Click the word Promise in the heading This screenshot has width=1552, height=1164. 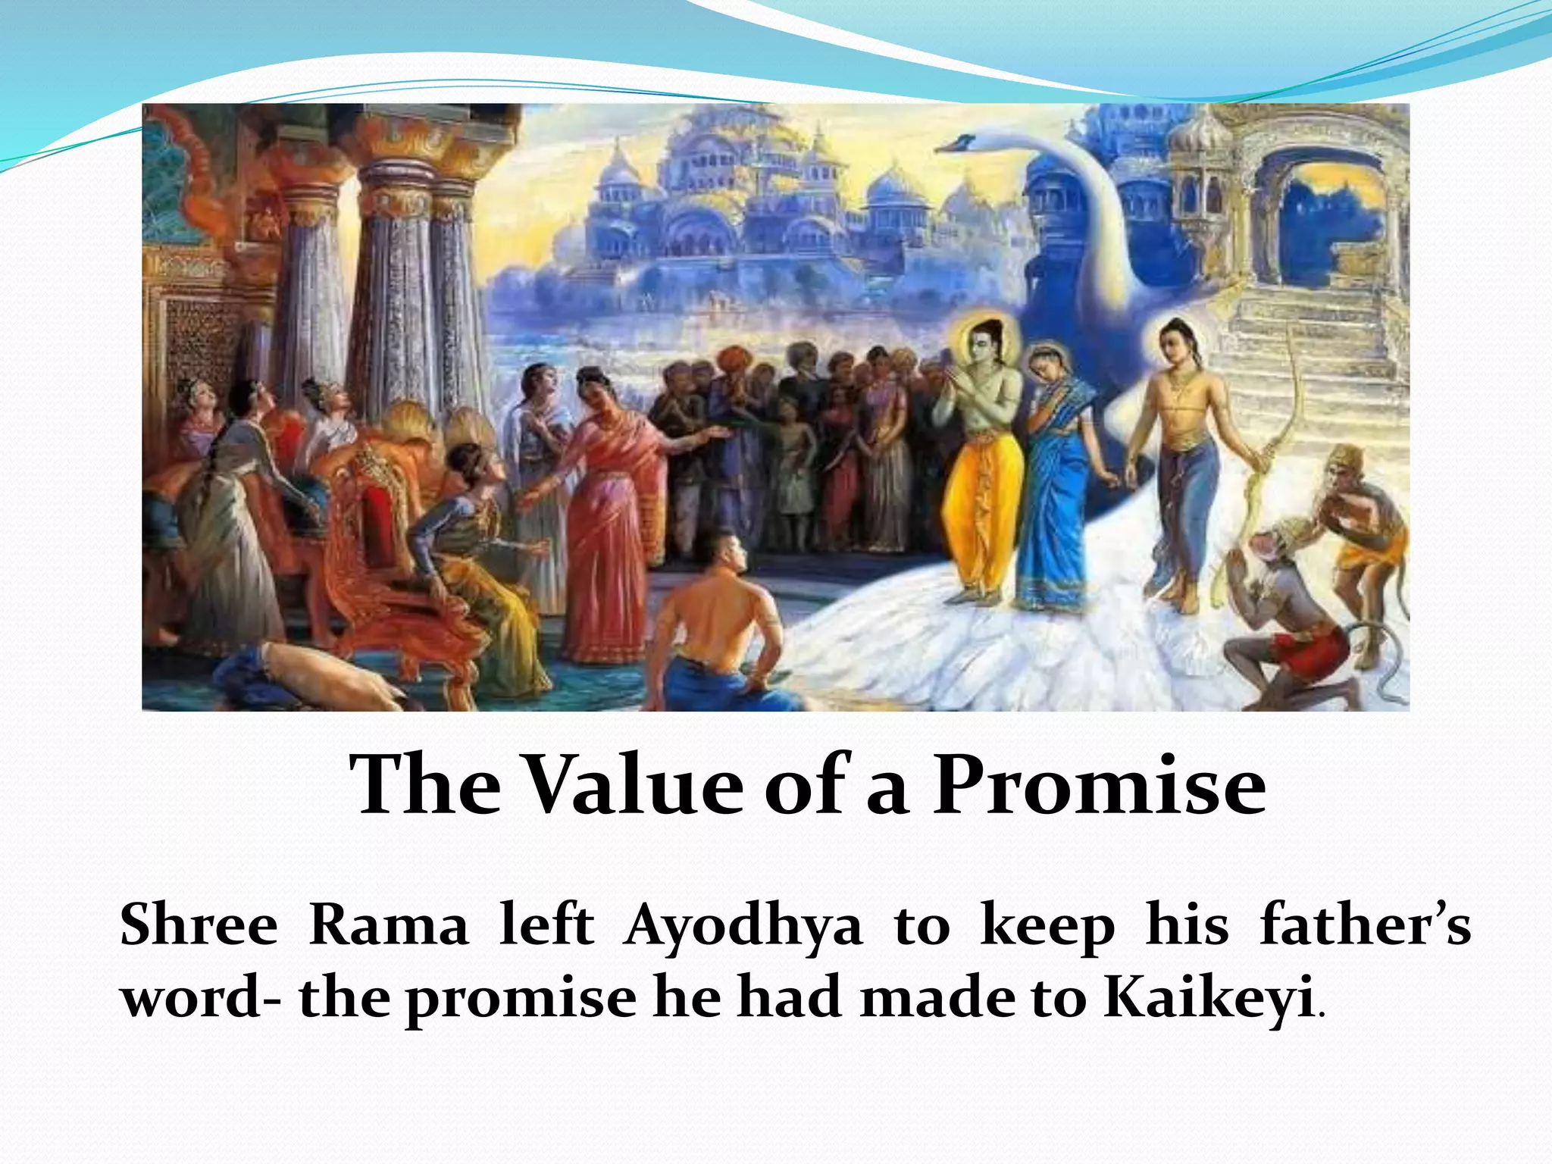[1098, 786]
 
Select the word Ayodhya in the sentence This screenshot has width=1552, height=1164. [743, 926]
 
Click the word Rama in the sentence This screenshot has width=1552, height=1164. [389, 926]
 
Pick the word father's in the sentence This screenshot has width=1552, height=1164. [1365, 926]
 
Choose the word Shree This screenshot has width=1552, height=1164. [199, 926]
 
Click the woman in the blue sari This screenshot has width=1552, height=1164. [1057, 485]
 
